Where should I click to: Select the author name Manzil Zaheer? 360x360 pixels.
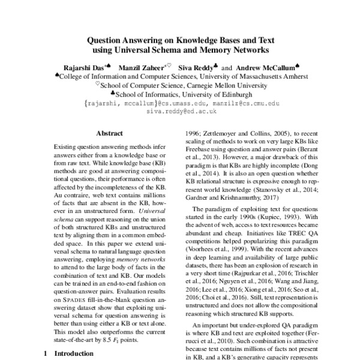point(140,68)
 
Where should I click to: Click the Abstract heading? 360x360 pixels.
point(109,133)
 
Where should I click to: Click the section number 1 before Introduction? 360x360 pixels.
point(46,353)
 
